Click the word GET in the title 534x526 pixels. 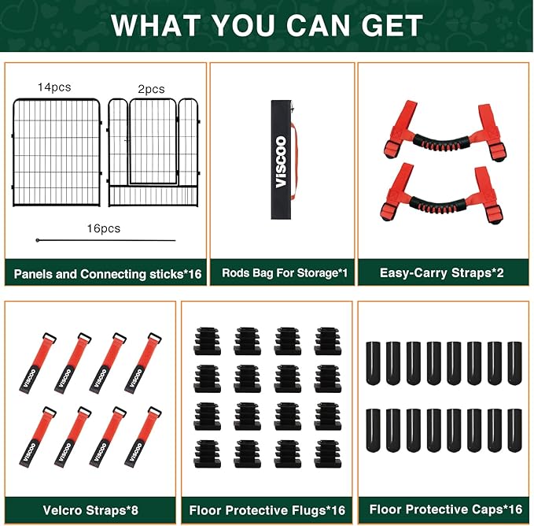(392, 25)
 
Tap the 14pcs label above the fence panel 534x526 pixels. (54, 87)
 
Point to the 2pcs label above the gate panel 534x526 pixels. (151, 89)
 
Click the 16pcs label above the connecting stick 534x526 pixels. (104, 228)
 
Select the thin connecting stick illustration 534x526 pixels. (105, 240)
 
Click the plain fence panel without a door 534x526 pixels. (57, 153)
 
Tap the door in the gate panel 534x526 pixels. (153, 142)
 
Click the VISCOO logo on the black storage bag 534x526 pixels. (281, 162)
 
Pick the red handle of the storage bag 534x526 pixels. (295, 160)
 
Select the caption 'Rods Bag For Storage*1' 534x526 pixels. (285, 272)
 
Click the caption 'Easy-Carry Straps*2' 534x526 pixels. (441, 272)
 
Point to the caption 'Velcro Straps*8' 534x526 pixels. (90, 510)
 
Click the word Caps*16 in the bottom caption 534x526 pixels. (499, 509)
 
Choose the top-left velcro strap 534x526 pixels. (38, 363)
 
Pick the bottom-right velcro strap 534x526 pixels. (143, 437)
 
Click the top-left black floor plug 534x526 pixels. (207, 341)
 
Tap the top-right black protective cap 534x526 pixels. (514, 363)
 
